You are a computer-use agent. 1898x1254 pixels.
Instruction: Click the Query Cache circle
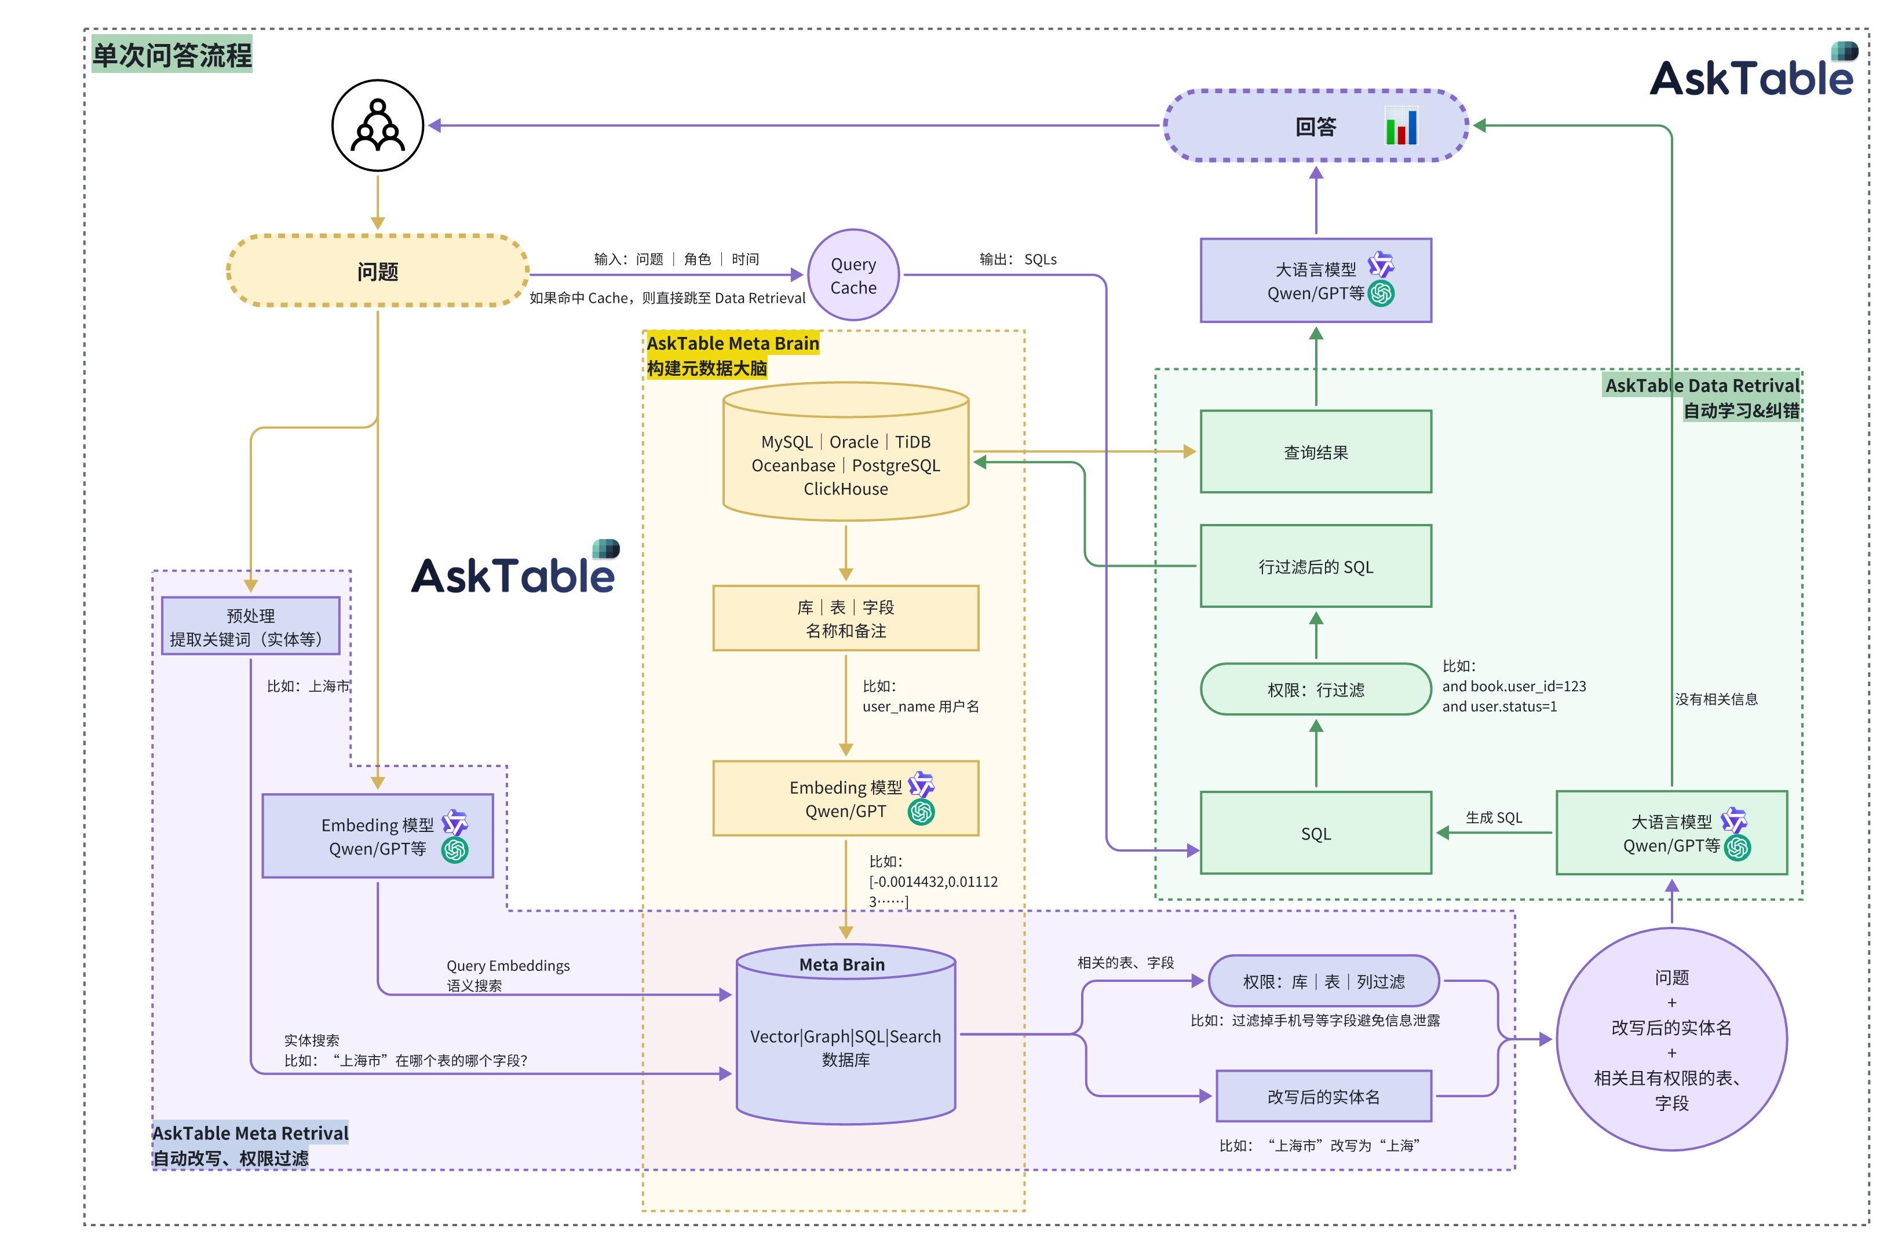853,275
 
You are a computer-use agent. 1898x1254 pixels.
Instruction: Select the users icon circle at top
378,126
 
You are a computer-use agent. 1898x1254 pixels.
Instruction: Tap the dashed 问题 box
378,271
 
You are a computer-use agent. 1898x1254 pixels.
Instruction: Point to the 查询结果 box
1316,452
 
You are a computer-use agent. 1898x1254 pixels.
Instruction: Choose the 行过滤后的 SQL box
1316,566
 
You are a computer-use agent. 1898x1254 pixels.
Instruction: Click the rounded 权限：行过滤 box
1316,690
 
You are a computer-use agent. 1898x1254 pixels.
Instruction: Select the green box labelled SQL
1316,833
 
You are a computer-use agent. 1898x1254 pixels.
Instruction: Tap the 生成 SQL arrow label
1493,817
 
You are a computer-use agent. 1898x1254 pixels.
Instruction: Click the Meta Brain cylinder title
842,965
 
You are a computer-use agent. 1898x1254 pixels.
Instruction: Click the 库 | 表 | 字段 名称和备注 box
846,618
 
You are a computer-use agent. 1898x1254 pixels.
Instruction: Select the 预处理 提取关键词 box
250,626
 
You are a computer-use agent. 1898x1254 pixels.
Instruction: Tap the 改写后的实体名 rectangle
1323,1097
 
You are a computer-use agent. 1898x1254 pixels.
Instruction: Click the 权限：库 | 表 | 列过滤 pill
1323,981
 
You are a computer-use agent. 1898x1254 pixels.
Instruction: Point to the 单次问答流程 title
172,54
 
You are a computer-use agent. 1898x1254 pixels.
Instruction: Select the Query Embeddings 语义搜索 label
508,975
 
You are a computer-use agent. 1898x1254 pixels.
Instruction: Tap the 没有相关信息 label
1716,699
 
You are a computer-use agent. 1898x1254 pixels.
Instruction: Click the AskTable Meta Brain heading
732,343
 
